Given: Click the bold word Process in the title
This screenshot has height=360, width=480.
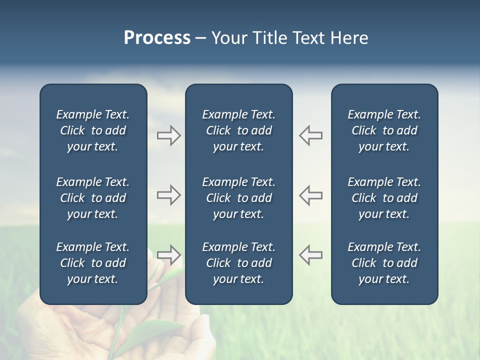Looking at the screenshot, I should [157, 38].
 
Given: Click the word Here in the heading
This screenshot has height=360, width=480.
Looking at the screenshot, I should [349, 38].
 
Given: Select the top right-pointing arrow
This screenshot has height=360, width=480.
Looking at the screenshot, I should [169, 135].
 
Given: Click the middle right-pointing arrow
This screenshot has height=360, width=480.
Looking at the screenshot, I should [169, 195].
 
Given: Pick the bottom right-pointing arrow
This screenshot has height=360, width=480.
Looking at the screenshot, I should [169, 255].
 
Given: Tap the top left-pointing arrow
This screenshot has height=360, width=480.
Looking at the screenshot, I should [310, 135].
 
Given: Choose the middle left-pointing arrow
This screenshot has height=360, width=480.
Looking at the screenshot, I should [310, 195].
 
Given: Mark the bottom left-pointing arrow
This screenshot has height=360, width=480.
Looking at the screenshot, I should [310, 255].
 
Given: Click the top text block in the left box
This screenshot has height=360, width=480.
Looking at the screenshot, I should [93, 130].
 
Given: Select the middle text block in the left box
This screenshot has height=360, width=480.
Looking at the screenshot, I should [93, 198].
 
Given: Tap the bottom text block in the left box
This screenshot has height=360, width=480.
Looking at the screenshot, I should [93, 263].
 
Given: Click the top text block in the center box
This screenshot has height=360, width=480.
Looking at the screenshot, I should [238, 130].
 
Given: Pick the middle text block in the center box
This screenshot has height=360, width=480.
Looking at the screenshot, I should [238, 198].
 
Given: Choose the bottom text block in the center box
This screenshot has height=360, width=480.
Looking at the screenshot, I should [238, 263].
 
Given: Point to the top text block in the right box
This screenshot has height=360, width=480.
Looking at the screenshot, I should [384, 130].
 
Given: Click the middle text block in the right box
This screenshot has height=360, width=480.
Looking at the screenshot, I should [384, 198].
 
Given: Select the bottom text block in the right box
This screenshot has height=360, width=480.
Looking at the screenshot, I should [384, 263].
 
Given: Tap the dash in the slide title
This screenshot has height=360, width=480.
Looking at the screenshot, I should [200, 38].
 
